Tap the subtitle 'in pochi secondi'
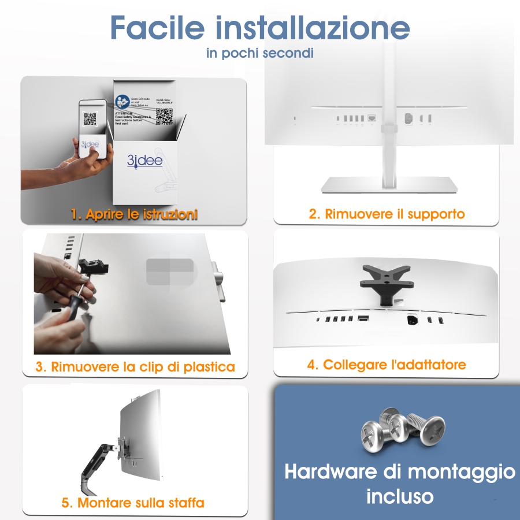(x=260, y=53)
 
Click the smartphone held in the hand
(x=92, y=130)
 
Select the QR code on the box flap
(x=165, y=116)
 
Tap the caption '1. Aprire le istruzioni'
(x=134, y=214)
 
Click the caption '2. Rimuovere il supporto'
(x=387, y=214)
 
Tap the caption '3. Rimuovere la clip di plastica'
(x=135, y=366)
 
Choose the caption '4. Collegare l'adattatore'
(x=387, y=365)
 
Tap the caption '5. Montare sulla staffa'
(x=133, y=502)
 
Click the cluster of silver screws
(x=403, y=430)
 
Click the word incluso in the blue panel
(x=399, y=495)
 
